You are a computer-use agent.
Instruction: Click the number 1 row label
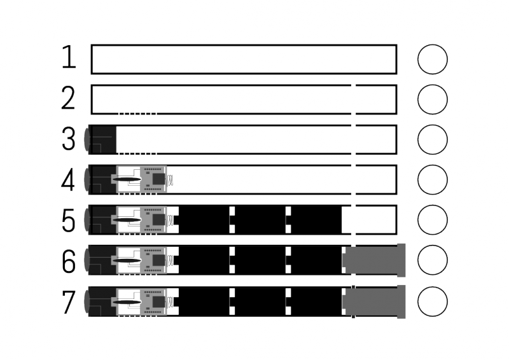pos(69,58)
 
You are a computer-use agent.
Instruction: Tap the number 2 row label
pos(69,99)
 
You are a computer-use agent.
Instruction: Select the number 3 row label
pos(69,139)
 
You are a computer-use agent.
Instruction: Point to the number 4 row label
pos(69,180)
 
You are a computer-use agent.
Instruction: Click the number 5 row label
pos(69,221)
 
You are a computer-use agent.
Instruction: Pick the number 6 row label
pos(69,261)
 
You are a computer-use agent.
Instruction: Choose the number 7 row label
pos(69,301)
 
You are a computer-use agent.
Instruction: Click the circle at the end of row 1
pos(432,59)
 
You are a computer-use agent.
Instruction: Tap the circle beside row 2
pos(432,100)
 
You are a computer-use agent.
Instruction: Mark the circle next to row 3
pos(432,140)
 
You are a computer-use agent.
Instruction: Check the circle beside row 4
pos(432,181)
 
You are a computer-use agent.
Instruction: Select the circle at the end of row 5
pos(432,221)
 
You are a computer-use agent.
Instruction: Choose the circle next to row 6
pos(432,261)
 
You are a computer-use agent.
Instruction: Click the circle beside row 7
pos(432,301)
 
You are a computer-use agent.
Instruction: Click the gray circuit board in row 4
pos(154,179)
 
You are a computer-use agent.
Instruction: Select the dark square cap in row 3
pos(103,139)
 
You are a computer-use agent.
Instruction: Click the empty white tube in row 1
pos(244,59)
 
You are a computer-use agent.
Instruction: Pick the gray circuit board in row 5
pos(154,219)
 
